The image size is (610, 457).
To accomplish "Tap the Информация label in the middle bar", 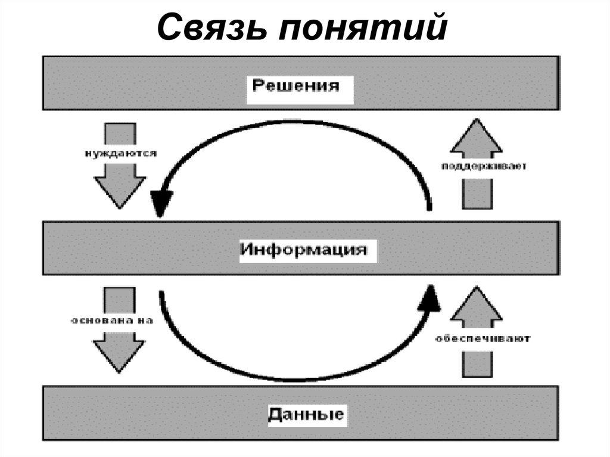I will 303,248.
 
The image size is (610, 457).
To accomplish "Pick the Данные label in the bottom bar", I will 306,413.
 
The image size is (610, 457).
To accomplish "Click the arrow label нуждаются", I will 120,154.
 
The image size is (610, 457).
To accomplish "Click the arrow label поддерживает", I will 484,166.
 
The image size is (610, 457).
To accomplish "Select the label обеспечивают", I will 483,338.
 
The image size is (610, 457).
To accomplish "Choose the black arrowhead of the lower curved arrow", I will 428,298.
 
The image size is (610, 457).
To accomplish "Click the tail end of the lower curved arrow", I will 161,294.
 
